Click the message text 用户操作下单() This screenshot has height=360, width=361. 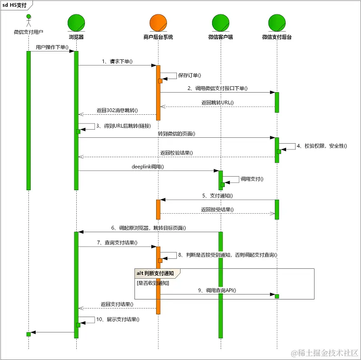click(x=52, y=47)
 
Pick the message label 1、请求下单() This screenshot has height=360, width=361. click(x=117, y=61)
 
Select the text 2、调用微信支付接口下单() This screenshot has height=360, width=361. click(x=218, y=89)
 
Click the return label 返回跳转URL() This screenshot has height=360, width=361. click(x=218, y=103)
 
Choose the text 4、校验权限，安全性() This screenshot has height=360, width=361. click(x=322, y=146)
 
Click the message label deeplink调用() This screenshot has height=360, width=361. click(x=148, y=167)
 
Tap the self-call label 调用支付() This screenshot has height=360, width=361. click(x=252, y=179)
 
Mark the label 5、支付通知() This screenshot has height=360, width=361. click(x=218, y=196)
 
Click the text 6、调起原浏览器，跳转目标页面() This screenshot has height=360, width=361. click(x=148, y=228)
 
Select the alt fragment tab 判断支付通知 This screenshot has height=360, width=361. click(x=157, y=273)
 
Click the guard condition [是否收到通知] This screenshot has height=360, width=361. click(x=153, y=283)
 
